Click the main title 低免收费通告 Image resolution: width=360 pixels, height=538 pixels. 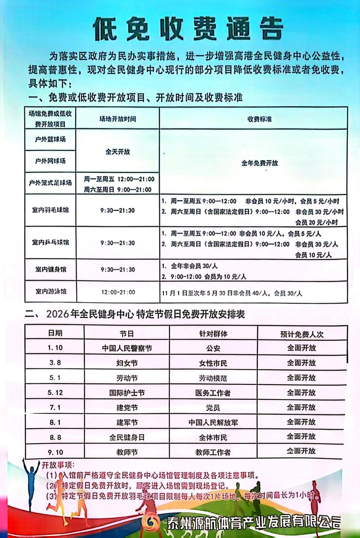tap(188, 28)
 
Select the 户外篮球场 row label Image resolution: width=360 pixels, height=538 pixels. tap(50, 139)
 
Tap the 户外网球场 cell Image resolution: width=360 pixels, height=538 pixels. tap(50, 161)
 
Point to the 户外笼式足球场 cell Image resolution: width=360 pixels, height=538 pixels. tap(50, 183)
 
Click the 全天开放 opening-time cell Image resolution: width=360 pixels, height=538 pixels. tap(118, 152)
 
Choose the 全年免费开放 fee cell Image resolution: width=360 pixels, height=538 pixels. tap(259, 163)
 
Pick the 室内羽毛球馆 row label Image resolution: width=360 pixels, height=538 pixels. tap(50, 210)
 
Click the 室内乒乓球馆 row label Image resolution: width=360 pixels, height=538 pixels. tap(50, 242)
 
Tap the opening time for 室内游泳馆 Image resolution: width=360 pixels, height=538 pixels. tap(118, 292)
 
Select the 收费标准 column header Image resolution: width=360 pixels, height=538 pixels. tap(259, 119)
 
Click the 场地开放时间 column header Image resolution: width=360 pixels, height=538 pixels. tap(118, 119)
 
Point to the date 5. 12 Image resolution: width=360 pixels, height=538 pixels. tap(55, 392)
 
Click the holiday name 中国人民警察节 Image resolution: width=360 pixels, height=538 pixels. tap(127, 348)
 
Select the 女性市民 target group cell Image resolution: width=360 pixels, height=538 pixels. tap(213, 363)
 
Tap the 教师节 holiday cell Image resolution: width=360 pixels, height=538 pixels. tap(127, 452)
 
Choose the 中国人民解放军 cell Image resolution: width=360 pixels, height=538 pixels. tap(213, 422)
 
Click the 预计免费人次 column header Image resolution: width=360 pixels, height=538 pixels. tap(302, 334)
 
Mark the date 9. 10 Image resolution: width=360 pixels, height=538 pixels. tap(55, 452)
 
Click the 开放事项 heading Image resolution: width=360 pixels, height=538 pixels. tap(58, 465)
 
